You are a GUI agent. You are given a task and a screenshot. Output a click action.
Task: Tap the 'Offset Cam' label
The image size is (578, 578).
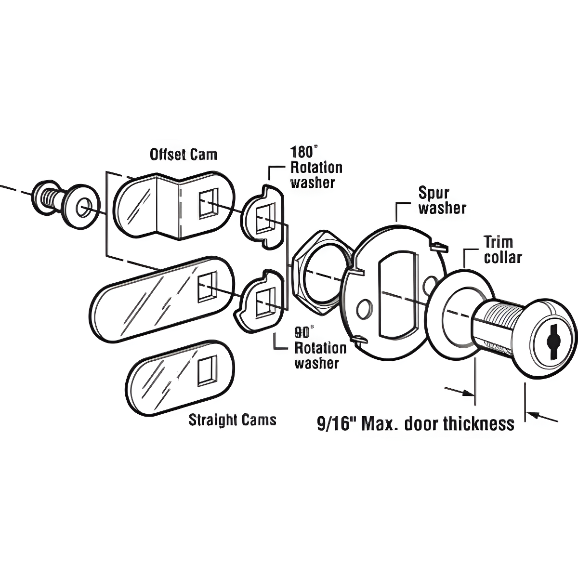coord(183,154)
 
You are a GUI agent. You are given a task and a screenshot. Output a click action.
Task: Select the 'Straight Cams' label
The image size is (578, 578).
coord(232,420)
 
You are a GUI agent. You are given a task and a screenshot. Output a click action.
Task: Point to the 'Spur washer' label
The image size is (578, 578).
coord(442,201)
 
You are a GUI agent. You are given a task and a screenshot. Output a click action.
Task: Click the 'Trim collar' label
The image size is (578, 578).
coord(502,250)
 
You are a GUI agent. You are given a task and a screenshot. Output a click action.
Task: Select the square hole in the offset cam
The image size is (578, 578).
coord(208,202)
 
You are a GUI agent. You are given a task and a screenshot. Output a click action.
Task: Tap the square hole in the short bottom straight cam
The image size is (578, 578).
coord(207,371)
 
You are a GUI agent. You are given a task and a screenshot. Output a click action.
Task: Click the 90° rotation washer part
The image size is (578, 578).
coord(261,303)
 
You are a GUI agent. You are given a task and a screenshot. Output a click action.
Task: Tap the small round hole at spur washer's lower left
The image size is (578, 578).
coord(364,308)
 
